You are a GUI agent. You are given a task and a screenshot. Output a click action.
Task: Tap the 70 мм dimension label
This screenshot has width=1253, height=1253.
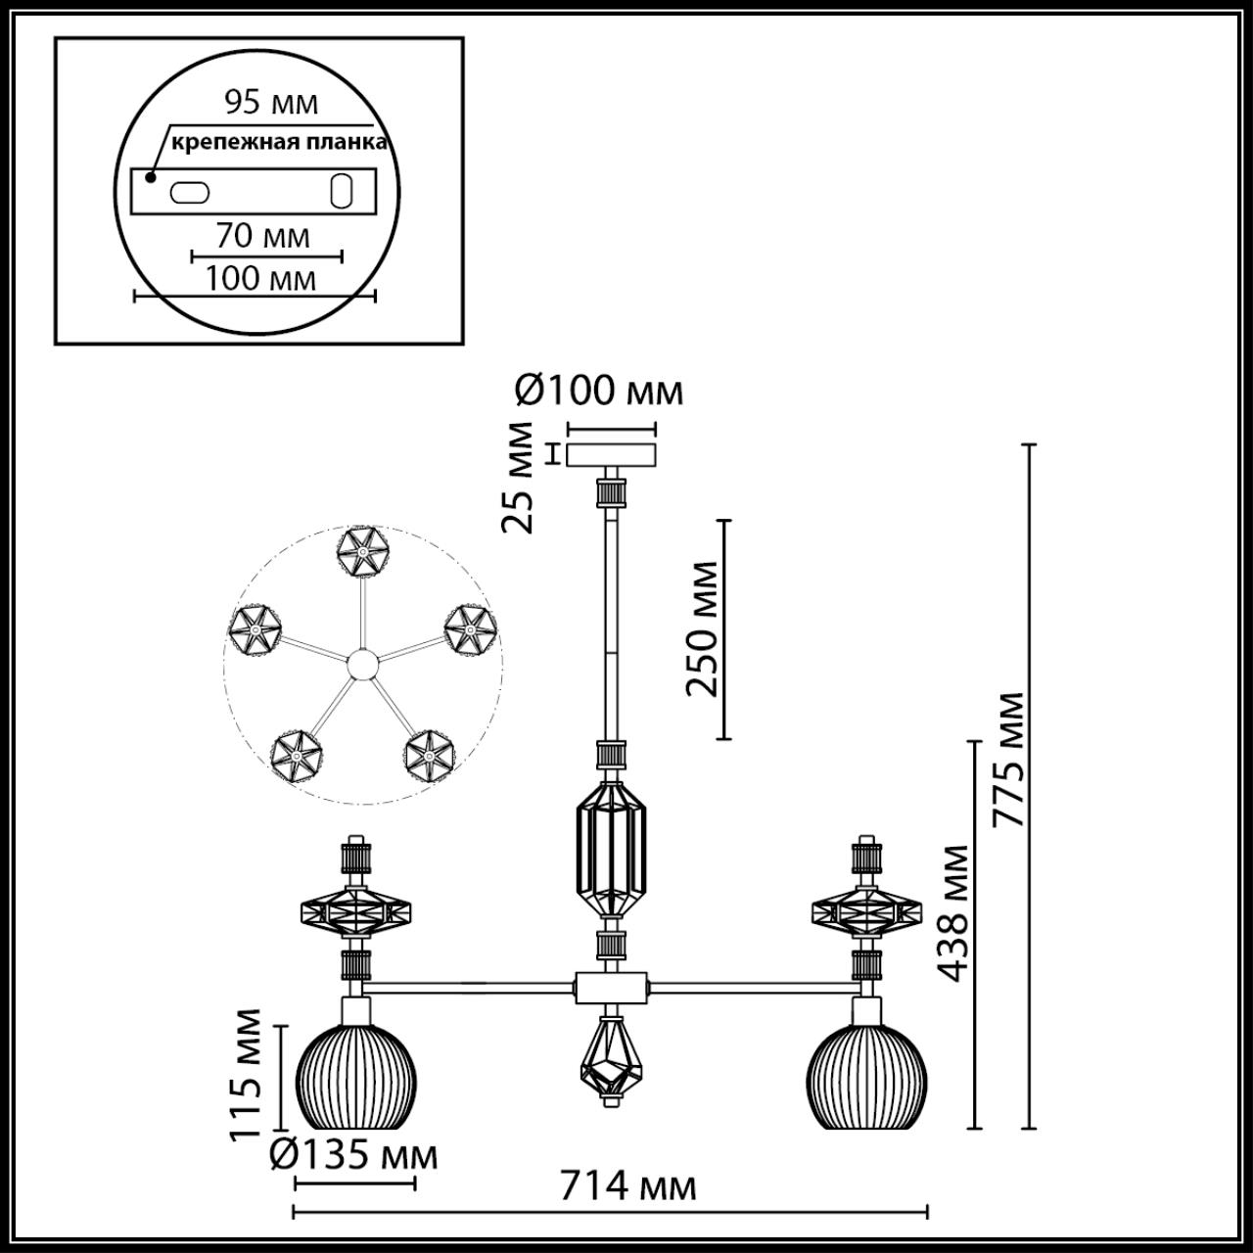click(x=262, y=236)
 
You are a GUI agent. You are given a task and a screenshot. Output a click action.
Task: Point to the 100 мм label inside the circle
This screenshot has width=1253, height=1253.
click(x=260, y=279)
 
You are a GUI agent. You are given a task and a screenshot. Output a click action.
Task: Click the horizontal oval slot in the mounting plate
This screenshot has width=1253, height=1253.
click(x=189, y=192)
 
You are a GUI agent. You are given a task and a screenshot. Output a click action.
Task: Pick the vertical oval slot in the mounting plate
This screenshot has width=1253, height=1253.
click(x=342, y=191)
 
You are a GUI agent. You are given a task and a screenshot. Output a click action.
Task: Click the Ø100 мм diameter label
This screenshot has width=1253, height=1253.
click(x=598, y=392)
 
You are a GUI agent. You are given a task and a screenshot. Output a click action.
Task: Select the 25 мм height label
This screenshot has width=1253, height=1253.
click(x=519, y=477)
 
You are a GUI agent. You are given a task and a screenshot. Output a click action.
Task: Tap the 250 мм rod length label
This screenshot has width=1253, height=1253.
click(x=702, y=628)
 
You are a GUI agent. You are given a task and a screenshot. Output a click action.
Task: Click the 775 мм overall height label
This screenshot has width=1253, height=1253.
click(x=1008, y=760)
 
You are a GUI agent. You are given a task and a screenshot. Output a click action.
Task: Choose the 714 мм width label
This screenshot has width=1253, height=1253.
click(x=627, y=1186)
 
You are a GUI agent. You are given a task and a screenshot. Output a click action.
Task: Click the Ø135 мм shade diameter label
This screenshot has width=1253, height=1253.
click(x=353, y=1156)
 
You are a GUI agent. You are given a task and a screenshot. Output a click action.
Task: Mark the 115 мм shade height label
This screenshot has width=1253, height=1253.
click(x=247, y=1075)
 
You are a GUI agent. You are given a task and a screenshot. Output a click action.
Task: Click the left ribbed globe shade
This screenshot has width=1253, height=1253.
click(x=355, y=1076)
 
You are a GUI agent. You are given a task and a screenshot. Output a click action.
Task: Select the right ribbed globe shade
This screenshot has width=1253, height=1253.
click(x=865, y=1076)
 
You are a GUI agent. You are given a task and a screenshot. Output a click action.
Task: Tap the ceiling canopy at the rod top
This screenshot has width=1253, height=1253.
click(x=612, y=456)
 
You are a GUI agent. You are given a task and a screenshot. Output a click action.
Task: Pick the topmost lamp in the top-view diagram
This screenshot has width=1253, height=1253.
click(x=363, y=555)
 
